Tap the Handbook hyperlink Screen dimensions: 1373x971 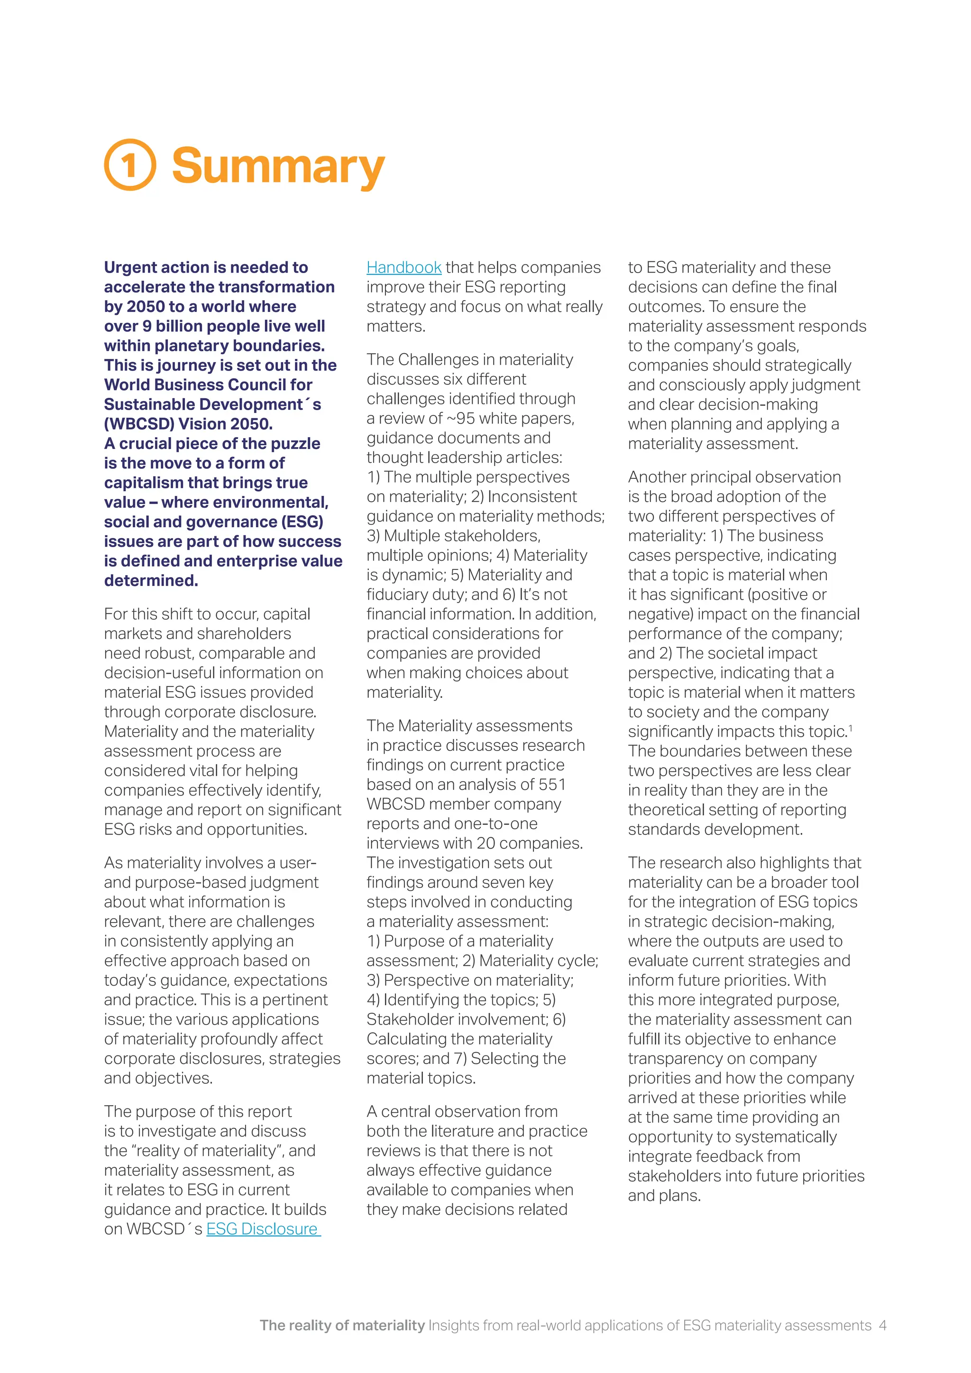[x=403, y=267]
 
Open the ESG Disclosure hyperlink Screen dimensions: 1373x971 [x=263, y=1229]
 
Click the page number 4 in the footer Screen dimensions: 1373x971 [x=882, y=1325]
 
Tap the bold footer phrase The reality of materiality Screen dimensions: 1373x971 [x=342, y=1325]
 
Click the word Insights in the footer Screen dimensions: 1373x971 [x=454, y=1325]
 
